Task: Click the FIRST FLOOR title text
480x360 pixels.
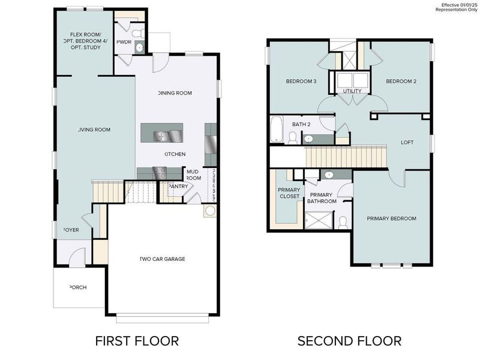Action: pyautogui.click(x=137, y=341)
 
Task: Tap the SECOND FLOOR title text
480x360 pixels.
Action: pyautogui.click(x=350, y=341)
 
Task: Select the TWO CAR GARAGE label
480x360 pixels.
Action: pyautogui.click(x=162, y=259)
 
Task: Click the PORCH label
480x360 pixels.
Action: pyautogui.click(x=78, y=287)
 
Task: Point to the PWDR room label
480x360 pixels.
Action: pyautogui.click(x=124, y=43)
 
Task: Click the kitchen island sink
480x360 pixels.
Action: pyautogui.click(x=160, y=136)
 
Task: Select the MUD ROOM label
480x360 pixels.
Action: pyautogui.click(x=193, y=175)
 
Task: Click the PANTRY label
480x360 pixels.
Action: pyautogui.click(x=179, y=186)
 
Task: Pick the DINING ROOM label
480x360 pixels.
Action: pyautogui.click(x=175, y=93)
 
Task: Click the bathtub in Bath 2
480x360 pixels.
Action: pyautogui.click(x=277, y=130)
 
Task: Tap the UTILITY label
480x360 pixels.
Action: pyautogui.click(x=352, y=91)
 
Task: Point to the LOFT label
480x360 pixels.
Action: pyautogui.click(x=408, y=142)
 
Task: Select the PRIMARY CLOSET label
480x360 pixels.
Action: pyautogui.click(x=289, y=193)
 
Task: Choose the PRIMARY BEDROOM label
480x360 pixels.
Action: pyautogui.click(x=391, y=218)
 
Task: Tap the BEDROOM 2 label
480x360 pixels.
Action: pyautogui.click(x=401, y=82)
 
